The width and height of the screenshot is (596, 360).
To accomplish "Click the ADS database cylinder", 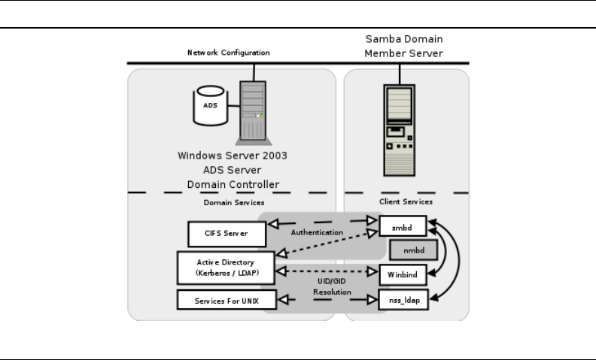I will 211,106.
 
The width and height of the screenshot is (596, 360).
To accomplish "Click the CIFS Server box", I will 227,234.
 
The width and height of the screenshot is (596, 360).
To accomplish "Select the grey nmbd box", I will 409,249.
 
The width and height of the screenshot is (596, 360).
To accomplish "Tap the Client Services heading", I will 406,202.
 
